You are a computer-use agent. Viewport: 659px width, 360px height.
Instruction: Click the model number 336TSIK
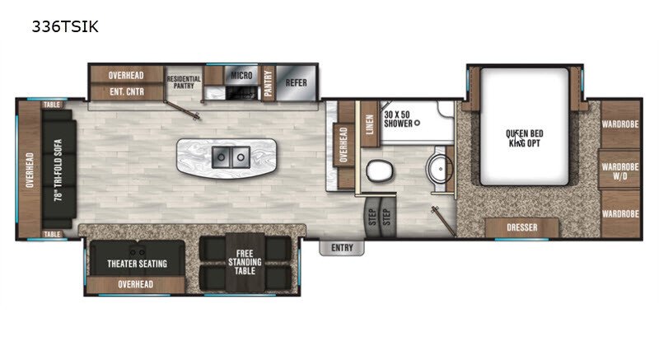click(65, 27)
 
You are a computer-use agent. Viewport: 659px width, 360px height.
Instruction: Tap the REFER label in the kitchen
click(297, 82)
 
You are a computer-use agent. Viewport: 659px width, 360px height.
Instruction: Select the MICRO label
click(241, 76)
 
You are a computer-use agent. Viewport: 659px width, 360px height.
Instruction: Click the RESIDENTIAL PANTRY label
click(184, 82)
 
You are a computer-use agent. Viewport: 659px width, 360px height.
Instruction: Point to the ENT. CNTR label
click(127, 91)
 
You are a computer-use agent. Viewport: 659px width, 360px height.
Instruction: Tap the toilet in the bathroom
click(379, 171)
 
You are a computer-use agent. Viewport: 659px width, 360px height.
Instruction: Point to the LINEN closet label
click(370, 124)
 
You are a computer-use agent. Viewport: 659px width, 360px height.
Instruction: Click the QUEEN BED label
click(525, 133)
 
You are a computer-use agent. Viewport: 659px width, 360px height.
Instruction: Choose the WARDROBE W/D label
click(620, 171)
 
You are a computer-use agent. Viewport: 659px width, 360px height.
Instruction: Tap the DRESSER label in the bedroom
click(522, 227)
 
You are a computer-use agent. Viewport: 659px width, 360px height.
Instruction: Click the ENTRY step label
click(342, 248)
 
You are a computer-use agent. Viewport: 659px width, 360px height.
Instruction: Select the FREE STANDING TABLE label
click(245, 262)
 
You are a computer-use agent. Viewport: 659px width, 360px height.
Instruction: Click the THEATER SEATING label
click(137, 264)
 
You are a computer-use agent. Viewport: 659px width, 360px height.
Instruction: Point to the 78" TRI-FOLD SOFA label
click(58, 170)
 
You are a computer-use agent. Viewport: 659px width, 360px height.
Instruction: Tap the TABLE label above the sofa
click(52, 105)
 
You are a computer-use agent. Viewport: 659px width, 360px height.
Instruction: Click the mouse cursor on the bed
click(518, 138)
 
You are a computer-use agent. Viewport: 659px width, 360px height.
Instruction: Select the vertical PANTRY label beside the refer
click(269, 83)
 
